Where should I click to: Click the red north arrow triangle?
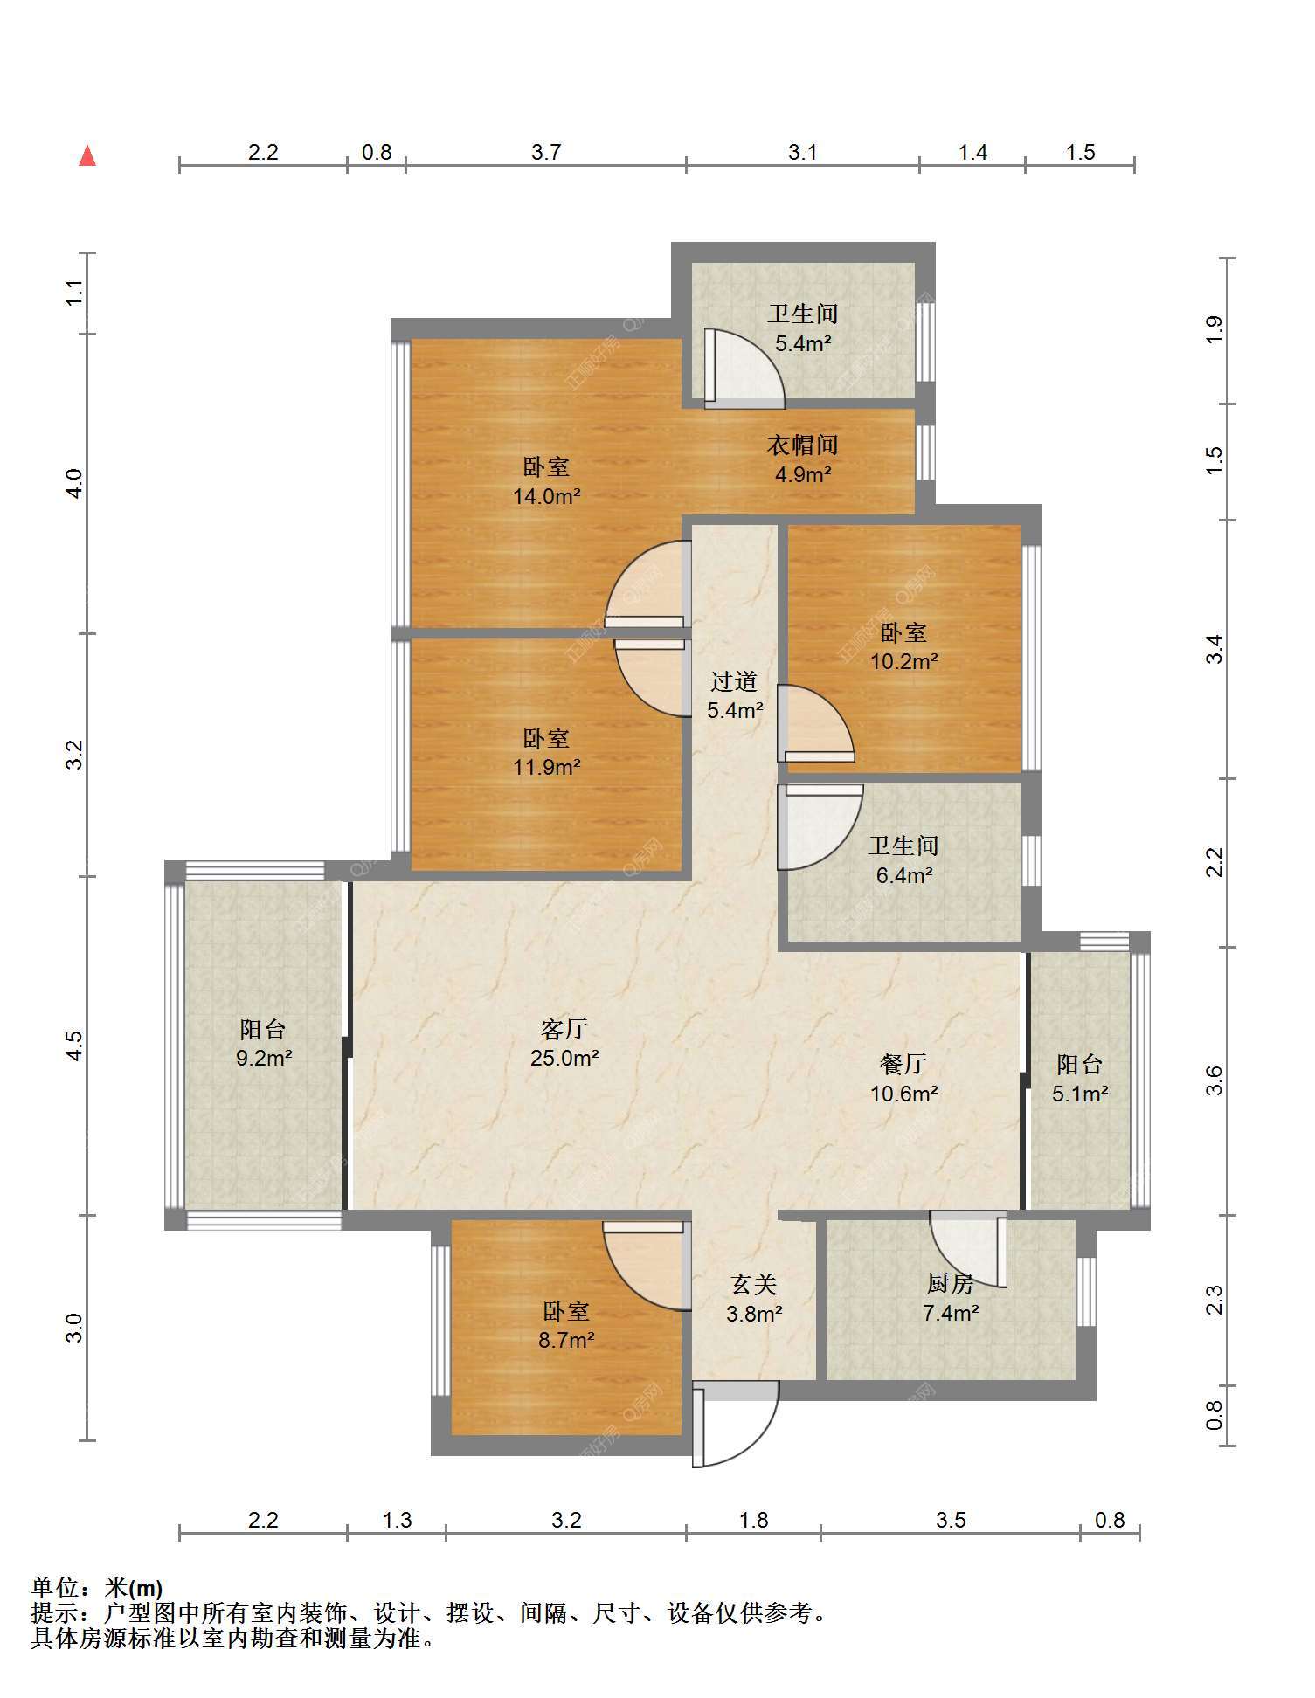click(87, 155)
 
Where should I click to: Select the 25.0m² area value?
click(564, 1059)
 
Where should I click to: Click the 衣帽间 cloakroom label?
click(802, 445)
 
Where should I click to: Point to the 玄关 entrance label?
click(753, 1284)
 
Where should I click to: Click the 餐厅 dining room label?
click(903, 1064)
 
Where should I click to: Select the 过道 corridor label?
click(733, 681)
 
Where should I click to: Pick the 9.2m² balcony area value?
click(263, 1059)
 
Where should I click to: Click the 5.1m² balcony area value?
click(1080, 1094)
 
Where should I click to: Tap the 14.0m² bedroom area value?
click(547, 497)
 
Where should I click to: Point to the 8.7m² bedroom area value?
click(566, 1340)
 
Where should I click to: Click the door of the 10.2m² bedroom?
click(816, 724)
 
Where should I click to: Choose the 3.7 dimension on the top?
click(546, 153)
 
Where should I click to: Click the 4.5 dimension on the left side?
click(75, 1046)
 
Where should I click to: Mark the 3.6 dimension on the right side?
click(1215, 1080)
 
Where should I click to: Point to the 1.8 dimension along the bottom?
click(753, 1521)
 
